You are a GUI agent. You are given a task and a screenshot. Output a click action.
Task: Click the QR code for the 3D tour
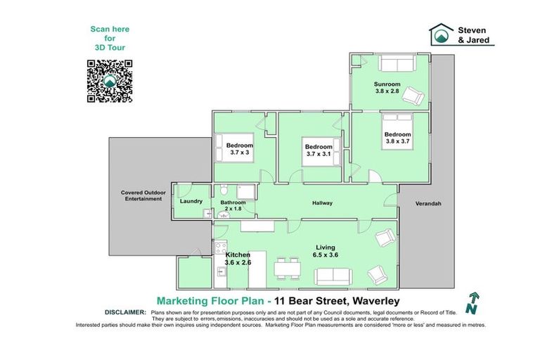point(110,82)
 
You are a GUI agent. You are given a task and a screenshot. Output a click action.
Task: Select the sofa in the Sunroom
point(397,63)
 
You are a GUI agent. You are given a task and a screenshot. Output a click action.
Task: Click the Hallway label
point(322,203)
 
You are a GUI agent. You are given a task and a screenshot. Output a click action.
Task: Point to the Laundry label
point(191,201)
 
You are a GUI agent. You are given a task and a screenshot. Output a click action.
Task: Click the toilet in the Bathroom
point(223,190)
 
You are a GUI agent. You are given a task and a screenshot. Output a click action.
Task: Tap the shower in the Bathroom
point(245,192)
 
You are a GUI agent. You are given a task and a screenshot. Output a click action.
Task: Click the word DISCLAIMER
point(125,311)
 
